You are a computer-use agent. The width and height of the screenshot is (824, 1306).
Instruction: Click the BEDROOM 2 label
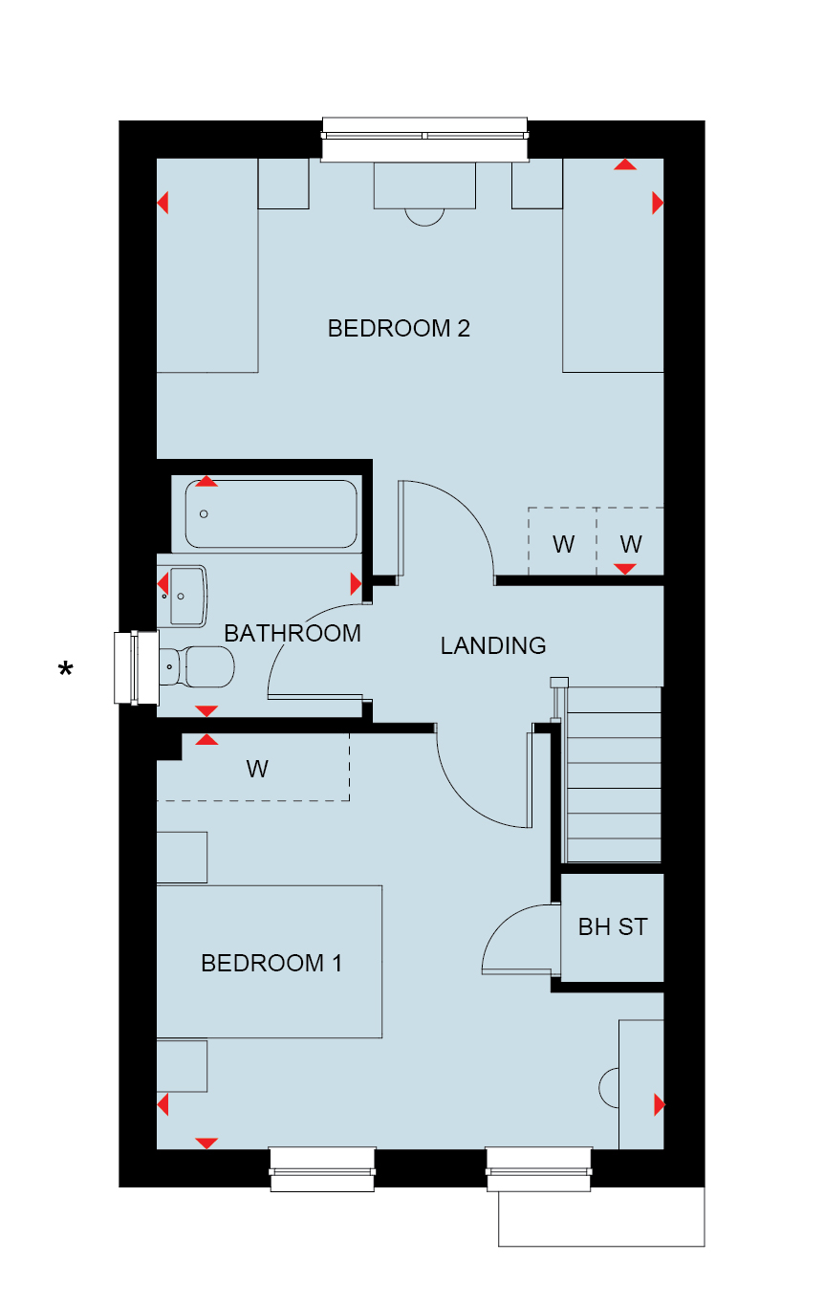coord(399,328)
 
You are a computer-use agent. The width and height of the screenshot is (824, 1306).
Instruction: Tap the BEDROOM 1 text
coord(271,963)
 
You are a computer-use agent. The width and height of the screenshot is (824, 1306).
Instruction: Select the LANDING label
coord(493,645)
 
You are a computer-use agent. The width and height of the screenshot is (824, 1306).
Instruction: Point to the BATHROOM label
coord(293,633)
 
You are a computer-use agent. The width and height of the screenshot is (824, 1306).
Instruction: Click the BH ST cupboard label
coord(613,927)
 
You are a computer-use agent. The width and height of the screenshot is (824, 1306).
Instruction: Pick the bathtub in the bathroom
coord(271,513)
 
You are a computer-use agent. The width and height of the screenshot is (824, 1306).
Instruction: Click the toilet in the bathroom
coord(196,666)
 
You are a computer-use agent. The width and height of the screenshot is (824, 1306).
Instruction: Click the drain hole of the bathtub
coord(204,513)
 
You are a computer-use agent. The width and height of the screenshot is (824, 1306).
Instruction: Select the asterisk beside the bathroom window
coord(66,668)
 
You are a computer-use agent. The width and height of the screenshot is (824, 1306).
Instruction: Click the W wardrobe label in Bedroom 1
coord(257,769)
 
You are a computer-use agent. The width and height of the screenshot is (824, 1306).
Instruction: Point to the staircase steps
coord(613,774)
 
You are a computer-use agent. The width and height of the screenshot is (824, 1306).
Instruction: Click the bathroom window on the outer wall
coord(137,667)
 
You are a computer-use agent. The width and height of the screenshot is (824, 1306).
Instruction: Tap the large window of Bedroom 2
coord(424,139)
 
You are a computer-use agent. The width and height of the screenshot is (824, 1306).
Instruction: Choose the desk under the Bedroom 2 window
coord(424,185)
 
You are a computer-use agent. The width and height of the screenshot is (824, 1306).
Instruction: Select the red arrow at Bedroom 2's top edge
coord(625,164)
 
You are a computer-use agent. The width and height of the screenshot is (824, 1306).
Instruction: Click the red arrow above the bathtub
coord(206,482)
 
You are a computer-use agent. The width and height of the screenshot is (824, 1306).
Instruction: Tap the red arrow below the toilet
coord(206,710)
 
